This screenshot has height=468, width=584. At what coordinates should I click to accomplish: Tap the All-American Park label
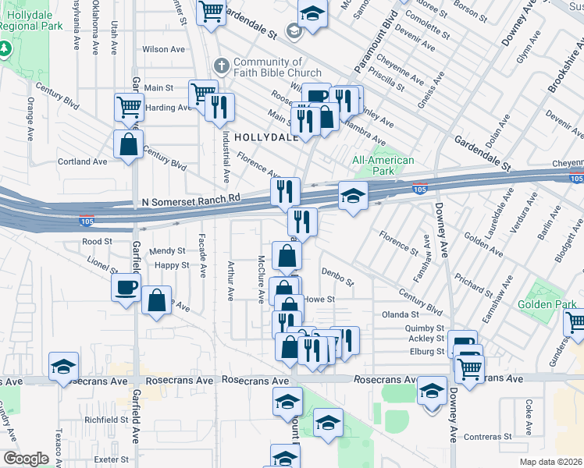point(383,165)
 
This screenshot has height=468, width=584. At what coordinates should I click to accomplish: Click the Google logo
point(26,459)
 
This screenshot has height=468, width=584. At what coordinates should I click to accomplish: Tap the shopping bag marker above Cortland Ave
point(127,144)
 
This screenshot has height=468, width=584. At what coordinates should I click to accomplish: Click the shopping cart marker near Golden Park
point(575,322)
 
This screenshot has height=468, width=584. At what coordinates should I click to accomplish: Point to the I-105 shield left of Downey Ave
point(418,188)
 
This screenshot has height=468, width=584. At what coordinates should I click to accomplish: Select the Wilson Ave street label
point(163,49)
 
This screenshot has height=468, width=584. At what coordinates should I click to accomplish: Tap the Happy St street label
point(172,265)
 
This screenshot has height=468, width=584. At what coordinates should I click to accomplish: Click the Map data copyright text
point(550,462)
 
